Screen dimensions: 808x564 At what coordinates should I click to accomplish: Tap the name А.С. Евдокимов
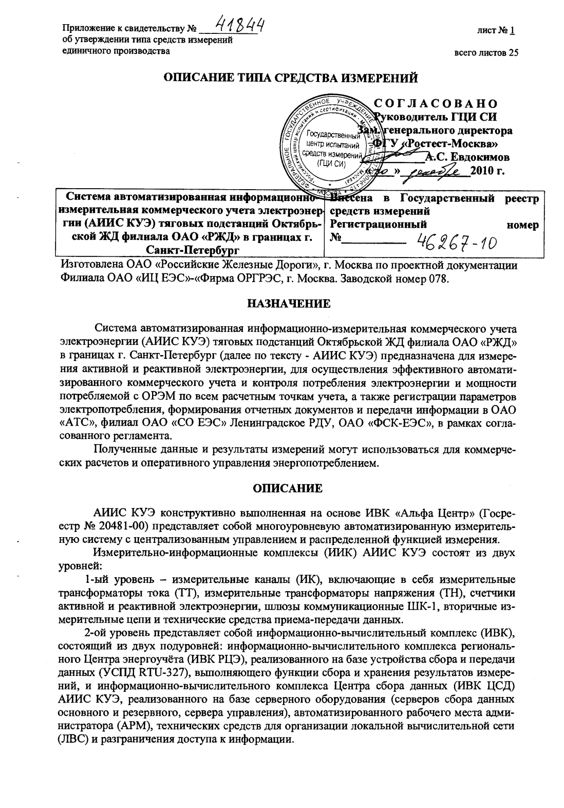tap(467, 157)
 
